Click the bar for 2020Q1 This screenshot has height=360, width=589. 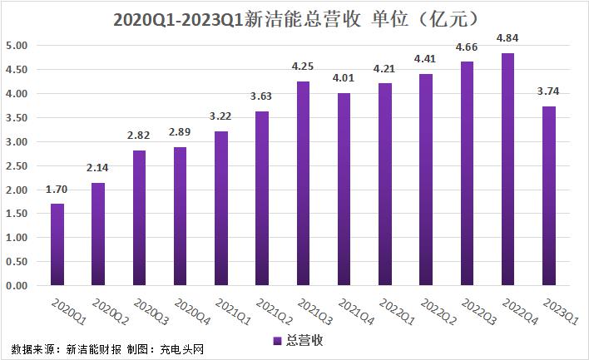pyautogui.click(x=57, y=244)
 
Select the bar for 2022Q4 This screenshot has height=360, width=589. pyautogui.click(x=508, y=170)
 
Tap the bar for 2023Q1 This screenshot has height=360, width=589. pyautogui.click(x=549, y=196)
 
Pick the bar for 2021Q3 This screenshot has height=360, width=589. pyautogui.click(x=304, y=184)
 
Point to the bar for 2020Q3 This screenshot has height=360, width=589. pyautogui.click(x=140, y=218)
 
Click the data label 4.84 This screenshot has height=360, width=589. pyautogui.click(x=507, y=38)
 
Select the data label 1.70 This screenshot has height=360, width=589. pyautogui.click(x=57, y=189)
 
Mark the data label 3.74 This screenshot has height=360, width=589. pyautogui.click(x=549, y=91)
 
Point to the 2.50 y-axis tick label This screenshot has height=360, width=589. pyautogui.click(x=17, y=165)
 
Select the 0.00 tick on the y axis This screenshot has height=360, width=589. pyautogui.click(x=17, y=285)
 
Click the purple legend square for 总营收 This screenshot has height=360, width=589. pyautogui.click(x=277, y=341)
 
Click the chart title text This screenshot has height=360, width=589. pyautogui.click(x=294, y=17)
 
